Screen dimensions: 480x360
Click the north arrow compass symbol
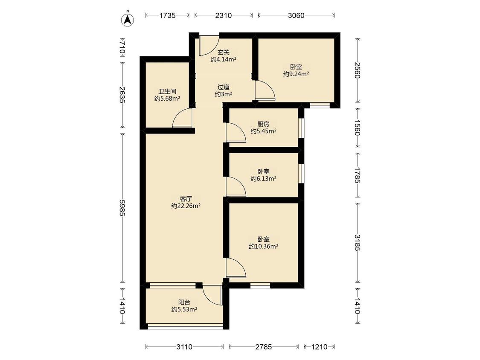(x=128, y=19)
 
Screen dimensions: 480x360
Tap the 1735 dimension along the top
(x=167, y=15)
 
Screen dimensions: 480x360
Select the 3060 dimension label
(x=296, y=15)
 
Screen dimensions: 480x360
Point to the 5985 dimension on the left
(x=122, y=208)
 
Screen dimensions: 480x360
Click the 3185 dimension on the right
(x=357, y=242)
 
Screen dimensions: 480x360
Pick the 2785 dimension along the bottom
(x=264, y=347)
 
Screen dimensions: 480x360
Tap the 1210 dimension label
(x=319, y=347)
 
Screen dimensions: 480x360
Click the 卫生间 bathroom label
(x=167, y=91)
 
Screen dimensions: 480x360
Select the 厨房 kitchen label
(x=263, y=124)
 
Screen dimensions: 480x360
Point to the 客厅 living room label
(x=186, y=198)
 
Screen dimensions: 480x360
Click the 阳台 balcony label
(x=184, y=302)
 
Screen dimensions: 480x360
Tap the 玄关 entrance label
(x=223, y=52)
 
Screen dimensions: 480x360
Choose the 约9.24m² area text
(x=296, y=74)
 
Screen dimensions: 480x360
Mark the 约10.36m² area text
(x=263, y=246)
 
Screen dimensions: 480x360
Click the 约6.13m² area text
(x=263, y=178)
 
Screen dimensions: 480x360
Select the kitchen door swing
(x=236, y=132)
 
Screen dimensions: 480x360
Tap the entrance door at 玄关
(x=209, y=46)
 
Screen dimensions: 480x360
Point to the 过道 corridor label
(x=223, y=87)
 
